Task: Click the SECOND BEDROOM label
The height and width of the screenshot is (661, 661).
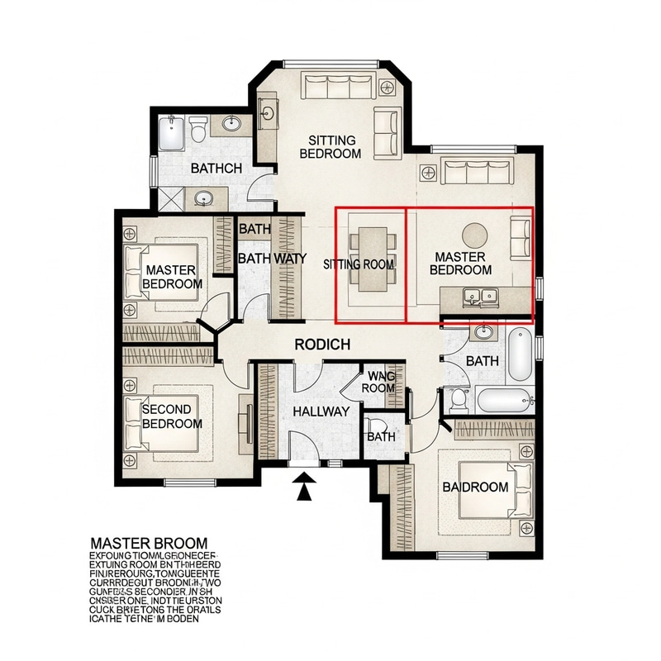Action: (172, 416)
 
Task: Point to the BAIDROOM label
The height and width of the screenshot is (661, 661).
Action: (475, 487)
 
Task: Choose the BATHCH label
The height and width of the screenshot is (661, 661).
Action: (216, 168)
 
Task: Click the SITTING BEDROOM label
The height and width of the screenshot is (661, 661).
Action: (330, 147)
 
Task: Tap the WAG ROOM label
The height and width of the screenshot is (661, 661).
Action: (379, 383)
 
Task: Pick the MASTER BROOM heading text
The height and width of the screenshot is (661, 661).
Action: (153, 543)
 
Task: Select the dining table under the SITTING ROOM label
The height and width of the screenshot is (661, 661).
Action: (372, 256)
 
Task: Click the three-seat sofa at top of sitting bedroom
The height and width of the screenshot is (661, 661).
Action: (339, 87)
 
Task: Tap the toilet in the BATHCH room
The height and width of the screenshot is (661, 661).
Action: (197, 131)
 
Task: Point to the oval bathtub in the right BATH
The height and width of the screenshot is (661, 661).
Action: (521, 353)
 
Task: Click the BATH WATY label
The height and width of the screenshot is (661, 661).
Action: (272, 259)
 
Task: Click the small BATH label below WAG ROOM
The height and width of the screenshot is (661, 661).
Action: (381, 436)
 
